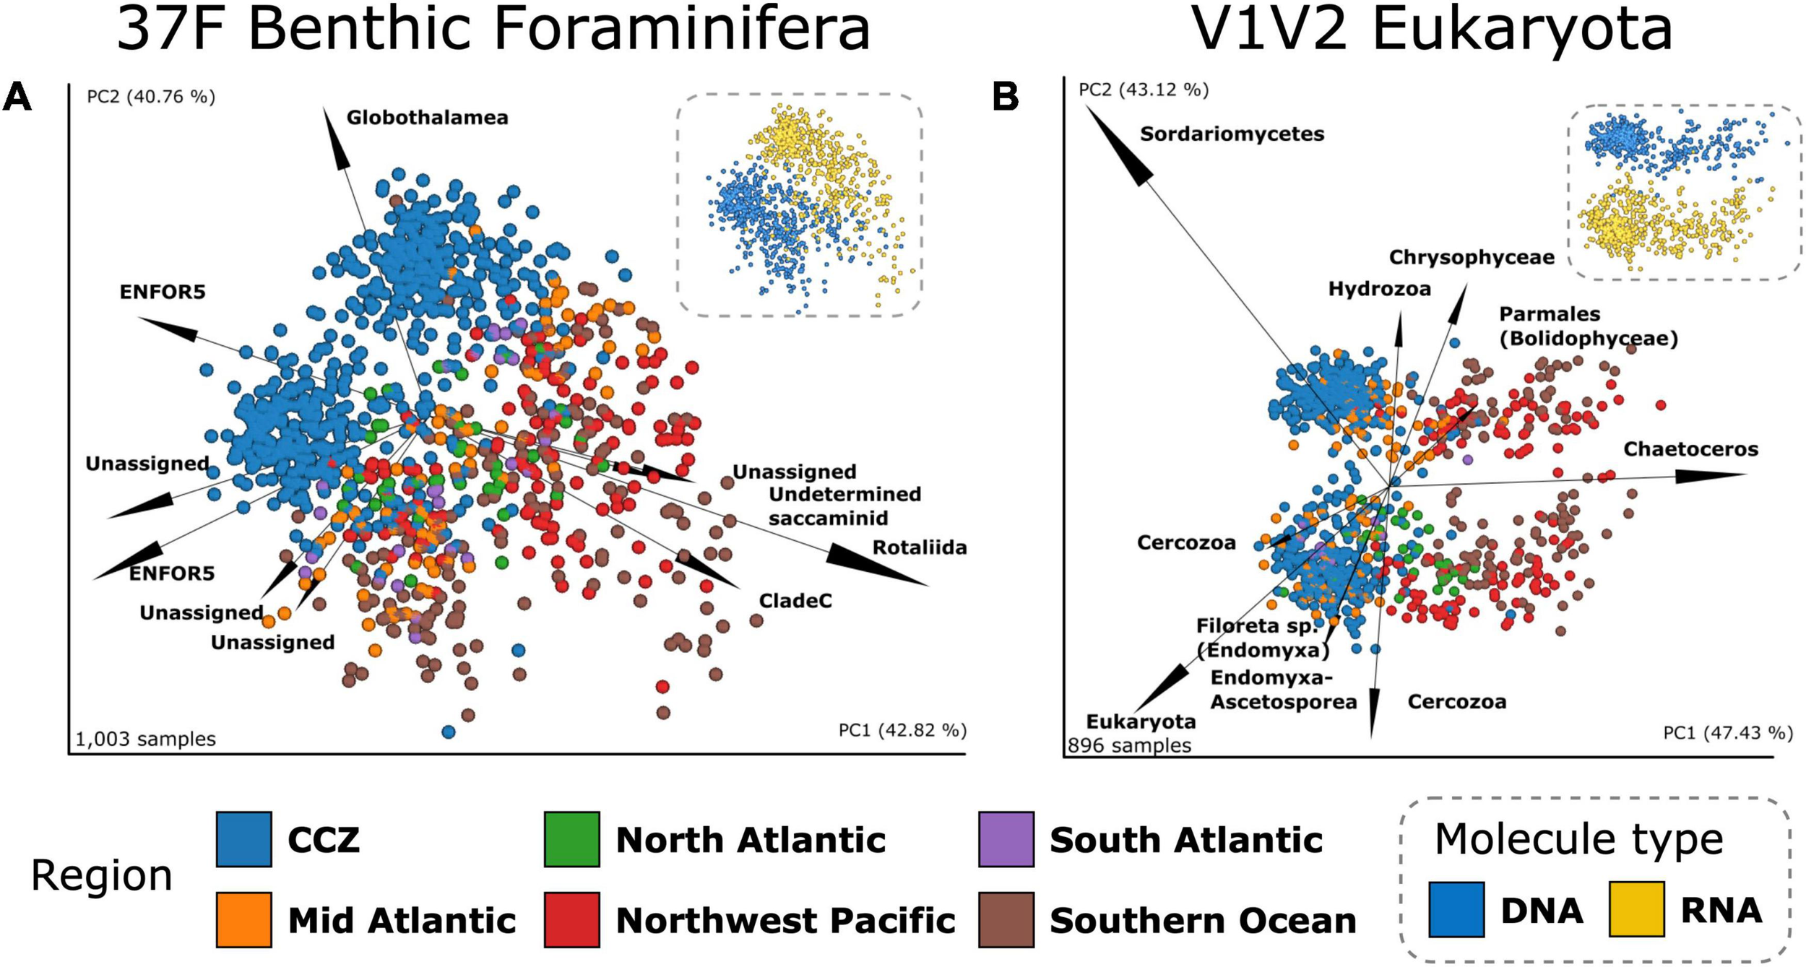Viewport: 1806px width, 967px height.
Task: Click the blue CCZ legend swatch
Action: (x=244, y=839)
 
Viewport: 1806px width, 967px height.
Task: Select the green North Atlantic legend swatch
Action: (x=571, y=839)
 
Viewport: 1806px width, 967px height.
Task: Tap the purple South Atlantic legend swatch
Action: (x=1006, y=839)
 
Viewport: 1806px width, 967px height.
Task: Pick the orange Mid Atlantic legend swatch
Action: (x=244, y=919)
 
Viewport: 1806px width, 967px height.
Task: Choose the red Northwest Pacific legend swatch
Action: (x=571, y=919)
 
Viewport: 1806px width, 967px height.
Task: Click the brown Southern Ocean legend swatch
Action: (x=1006, y=919)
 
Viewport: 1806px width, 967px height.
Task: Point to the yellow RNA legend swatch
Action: (x=1636, y=909)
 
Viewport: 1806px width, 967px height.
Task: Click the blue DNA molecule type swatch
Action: (x=1456, y=909)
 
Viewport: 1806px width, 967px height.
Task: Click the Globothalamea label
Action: (x=427, y=118)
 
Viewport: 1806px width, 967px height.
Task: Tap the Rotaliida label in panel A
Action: (x=919, y=547)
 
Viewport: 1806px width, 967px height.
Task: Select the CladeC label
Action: (x=795, y=601)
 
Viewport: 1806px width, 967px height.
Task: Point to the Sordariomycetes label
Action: (x=1232, y=134)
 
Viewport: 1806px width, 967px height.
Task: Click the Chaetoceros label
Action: (x=1690, y=449)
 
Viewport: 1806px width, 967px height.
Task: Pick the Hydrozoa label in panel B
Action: (x=1379, y=289)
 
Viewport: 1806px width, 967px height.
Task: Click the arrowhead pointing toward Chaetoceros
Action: (x=1708, y=476)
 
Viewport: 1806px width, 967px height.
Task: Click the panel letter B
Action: (x=1006, y=96)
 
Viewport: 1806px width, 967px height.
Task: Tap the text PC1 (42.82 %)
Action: (x=902, y=730)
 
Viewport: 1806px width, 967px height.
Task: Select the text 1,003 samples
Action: (x=145, y=739)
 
